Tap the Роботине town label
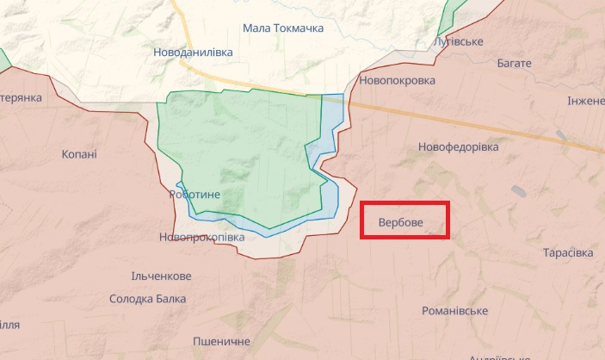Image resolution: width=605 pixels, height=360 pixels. [194, 196]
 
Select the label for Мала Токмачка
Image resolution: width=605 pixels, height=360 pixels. [283, 29]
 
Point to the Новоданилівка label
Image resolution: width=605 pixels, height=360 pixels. [193, 53]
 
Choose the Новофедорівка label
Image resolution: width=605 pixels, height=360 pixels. [458, 147]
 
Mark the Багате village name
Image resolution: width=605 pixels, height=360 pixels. [515, 64]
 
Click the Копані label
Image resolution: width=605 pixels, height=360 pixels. [79, 154]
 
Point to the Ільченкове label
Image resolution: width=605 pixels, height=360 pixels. [160, 276]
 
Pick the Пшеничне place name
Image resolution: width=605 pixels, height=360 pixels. [222, 341]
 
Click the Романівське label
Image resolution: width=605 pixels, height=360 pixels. [455, 310]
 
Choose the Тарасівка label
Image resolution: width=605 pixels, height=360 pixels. [568, 253]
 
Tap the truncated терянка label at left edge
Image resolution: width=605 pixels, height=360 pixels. [21, 97]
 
